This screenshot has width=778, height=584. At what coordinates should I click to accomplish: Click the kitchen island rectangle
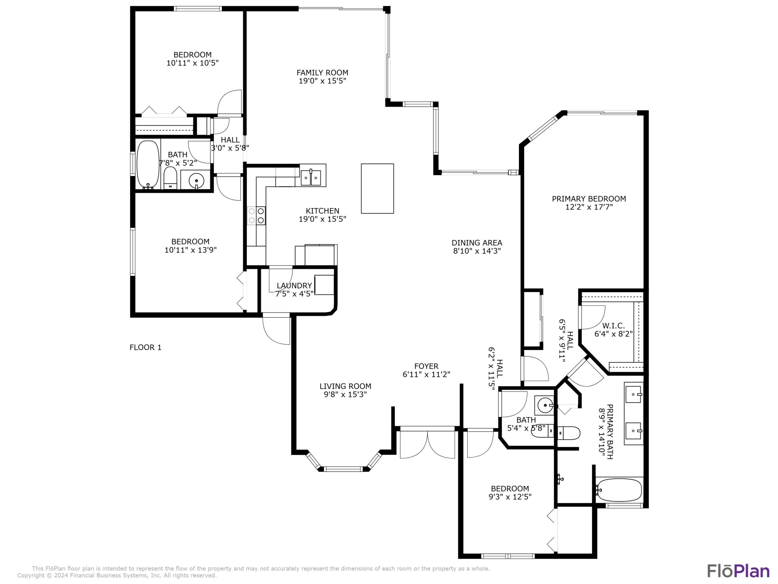[377, 188]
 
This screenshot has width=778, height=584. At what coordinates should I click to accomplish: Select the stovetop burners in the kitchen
[256, 215]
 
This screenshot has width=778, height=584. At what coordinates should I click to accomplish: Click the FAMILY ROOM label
[322, 72]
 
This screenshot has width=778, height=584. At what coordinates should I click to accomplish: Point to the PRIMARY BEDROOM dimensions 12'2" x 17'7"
[589, 207]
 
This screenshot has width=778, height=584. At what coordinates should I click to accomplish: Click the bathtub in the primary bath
[619, 490]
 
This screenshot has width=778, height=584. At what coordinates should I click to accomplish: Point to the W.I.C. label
[613, 326]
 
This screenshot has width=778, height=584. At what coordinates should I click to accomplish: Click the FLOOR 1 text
[145, 347]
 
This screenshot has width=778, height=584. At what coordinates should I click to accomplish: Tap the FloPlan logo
[738, 571]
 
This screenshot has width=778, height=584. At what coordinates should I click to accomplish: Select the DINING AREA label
[477, 243]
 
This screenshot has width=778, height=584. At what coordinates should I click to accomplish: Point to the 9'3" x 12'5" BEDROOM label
[510, 489]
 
